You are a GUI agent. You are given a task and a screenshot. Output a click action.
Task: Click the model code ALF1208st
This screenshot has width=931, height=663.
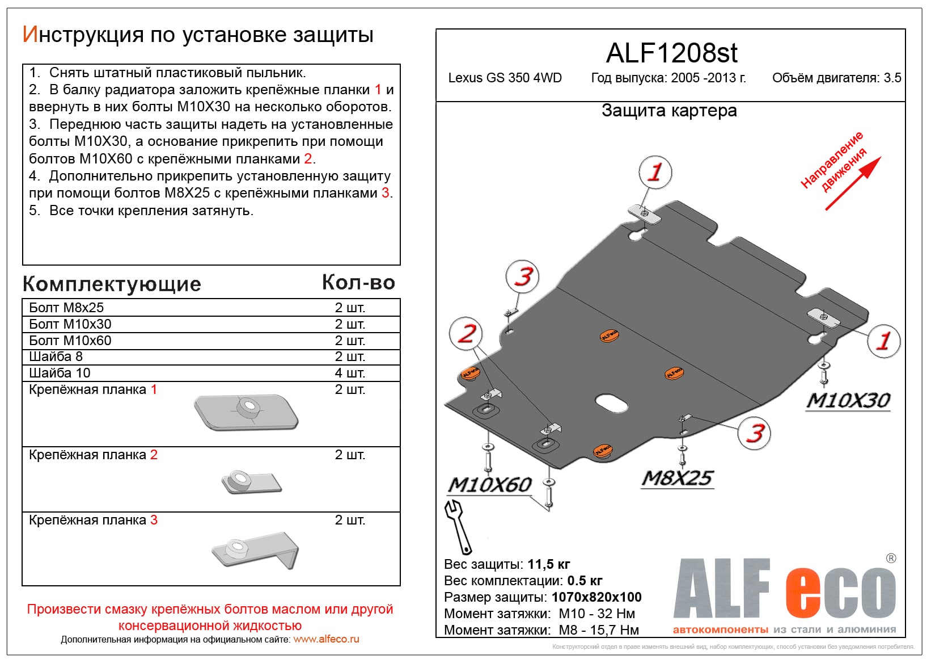[671, 53]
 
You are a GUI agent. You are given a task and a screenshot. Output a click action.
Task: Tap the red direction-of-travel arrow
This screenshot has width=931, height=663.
[853, 183]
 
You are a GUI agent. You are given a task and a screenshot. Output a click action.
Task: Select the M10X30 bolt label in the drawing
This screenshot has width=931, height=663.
[848, 401]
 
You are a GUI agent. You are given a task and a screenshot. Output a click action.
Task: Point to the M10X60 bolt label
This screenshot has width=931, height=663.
[489, 485]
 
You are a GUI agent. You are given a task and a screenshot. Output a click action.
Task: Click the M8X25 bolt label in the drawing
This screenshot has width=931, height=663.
[678, 479]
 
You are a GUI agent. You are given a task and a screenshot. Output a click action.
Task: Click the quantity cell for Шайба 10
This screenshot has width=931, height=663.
[350, 373]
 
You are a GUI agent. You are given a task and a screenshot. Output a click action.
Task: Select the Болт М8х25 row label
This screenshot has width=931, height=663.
[66, 308]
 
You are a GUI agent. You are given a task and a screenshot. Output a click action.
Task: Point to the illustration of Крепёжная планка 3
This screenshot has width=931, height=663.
[255, 549]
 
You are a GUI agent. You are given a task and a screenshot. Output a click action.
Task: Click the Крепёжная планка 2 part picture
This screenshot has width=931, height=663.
[251, 482]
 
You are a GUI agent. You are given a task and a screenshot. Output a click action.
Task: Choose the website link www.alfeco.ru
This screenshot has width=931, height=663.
[326, 639]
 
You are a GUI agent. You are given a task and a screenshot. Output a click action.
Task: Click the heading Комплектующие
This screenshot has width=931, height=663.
[112, 284]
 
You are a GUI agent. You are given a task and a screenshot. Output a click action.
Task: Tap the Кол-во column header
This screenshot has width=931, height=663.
[358, 283]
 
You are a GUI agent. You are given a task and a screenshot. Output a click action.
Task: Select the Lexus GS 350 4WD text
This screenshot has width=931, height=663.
[505, 78]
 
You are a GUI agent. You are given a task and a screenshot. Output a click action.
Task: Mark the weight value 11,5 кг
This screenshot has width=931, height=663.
[548, 564]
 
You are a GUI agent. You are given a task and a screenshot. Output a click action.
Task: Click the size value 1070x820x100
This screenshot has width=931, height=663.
[596, 597]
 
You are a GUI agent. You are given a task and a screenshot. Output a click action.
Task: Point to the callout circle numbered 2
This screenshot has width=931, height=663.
[466, 333]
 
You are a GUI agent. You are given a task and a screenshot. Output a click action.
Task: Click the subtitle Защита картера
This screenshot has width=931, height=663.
[669, 111]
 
